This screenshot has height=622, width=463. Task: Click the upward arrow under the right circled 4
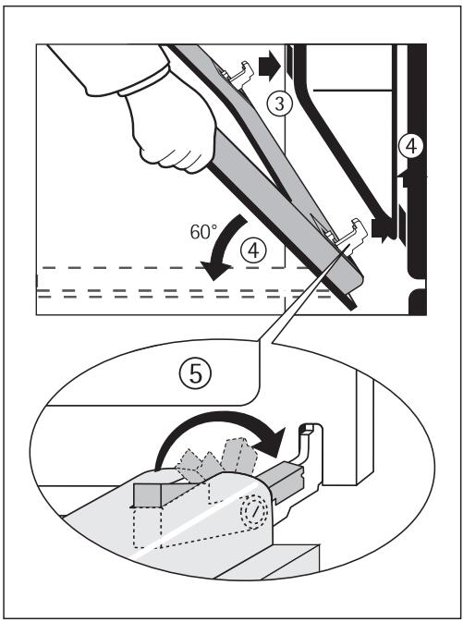point(408,174)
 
